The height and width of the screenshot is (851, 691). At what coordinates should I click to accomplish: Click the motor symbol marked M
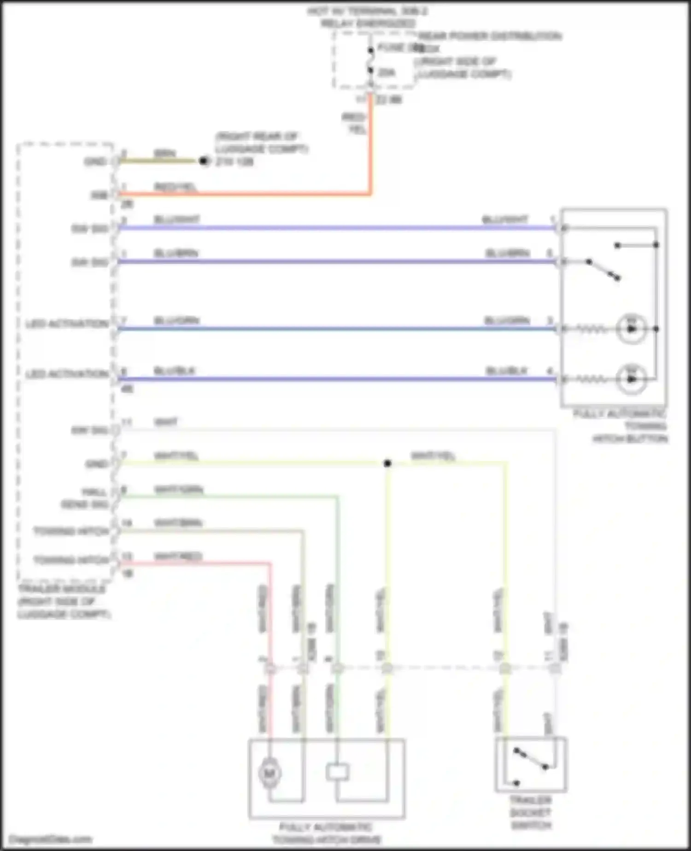click(x=270, y=773)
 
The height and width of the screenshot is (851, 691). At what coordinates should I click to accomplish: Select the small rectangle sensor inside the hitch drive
click(x=337, y=772)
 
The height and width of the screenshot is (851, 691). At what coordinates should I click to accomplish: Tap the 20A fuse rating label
click(x=386, y=72)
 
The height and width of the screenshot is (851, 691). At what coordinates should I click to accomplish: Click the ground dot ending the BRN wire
click(x=204, y=161)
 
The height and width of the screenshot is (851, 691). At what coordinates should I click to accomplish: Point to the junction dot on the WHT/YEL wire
click(x=387, y=463)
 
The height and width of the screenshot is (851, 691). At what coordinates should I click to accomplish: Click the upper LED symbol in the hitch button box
click(x=632, y=329)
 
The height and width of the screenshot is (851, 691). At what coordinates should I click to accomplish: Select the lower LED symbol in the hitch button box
click(x=632, y=379)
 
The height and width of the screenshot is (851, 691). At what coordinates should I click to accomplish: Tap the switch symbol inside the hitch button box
click(x=603, y=269)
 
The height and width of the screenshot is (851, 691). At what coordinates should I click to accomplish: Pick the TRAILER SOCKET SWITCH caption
click(x=531, y=812)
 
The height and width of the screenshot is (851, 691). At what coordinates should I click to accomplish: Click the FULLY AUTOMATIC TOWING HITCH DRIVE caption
click(x=326, y=833)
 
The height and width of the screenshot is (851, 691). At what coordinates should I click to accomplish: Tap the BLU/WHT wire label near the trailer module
click(x=176, y=219)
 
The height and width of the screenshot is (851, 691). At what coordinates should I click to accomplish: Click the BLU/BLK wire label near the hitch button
click(x=506, y=371)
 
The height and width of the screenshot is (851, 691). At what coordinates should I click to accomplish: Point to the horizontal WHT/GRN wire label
click(x=178, y=490)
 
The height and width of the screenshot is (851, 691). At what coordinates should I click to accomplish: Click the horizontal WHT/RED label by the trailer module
click(x=178, y=556)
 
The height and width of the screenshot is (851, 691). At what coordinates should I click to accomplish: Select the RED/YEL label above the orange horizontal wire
click(x=175, y=187)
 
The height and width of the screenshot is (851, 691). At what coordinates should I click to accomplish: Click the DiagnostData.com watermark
click(x=51, y=839)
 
